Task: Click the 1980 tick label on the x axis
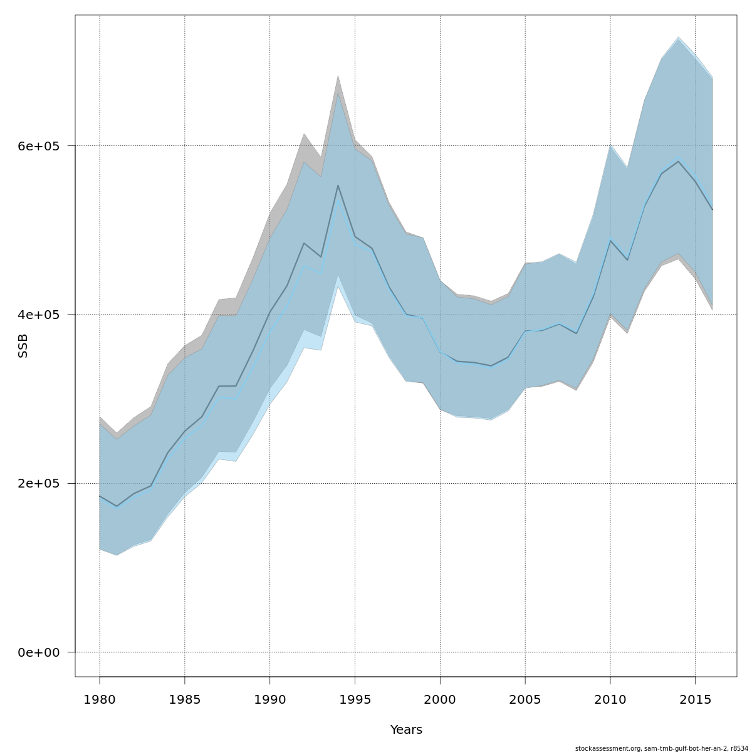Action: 100,699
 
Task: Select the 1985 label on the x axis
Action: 185,699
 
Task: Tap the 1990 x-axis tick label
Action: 270,699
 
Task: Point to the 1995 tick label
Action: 355,699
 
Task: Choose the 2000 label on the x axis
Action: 440,699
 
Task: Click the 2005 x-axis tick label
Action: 525,699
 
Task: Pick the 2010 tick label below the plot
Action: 610,699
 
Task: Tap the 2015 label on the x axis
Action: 695,699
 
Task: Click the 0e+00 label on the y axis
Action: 39,652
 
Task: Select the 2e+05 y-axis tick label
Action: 39,484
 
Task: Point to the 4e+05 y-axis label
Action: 39,315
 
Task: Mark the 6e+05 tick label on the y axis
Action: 39,146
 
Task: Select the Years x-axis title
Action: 406,730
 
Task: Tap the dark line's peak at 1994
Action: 338,185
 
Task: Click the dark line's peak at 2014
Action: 678,161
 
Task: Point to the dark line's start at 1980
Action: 100,496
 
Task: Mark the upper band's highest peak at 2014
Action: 678,37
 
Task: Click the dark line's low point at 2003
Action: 491,365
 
